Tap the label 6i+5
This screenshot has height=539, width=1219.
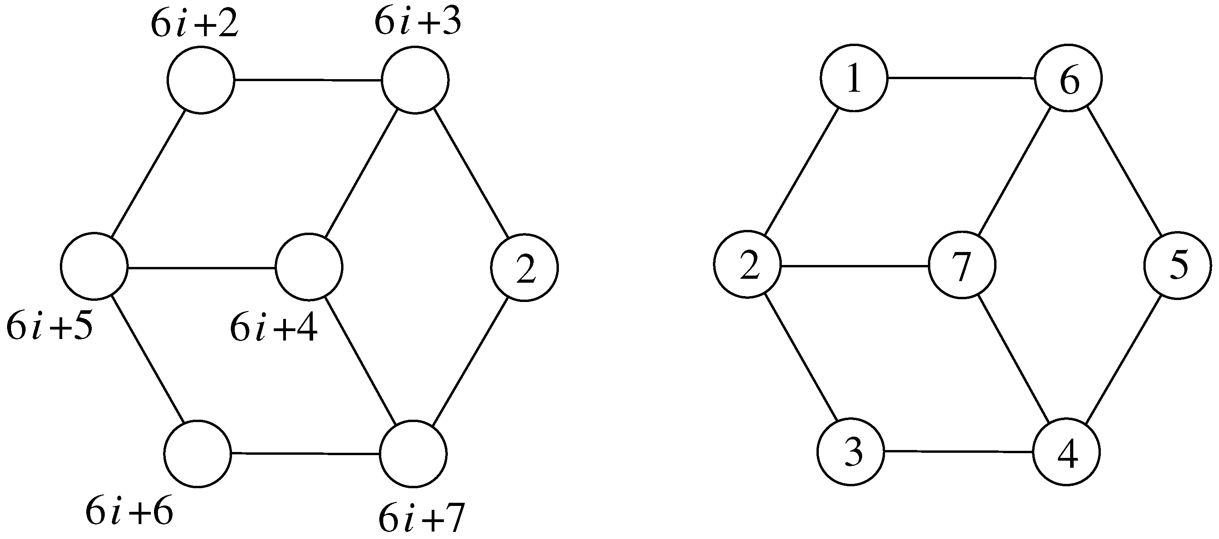coord(50,328)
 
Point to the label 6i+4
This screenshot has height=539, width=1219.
coord(273,330)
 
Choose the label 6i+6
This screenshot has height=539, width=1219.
coord(129,513)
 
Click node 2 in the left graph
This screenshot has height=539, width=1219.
coord(524,267)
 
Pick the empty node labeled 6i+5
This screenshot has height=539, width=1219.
coord(94,267)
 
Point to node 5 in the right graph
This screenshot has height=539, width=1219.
coord(1178,265)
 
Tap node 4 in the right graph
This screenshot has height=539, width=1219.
coord(1066,452)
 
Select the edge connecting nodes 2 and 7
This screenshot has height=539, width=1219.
coord(854,266)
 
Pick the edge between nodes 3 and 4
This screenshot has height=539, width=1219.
coord(958,452)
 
